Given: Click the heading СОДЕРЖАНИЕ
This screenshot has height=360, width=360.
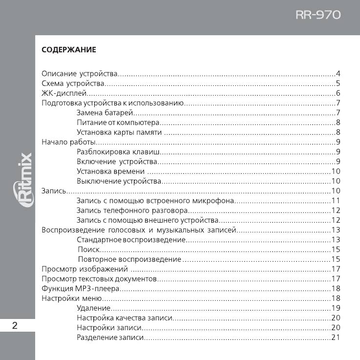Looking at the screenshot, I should [68, 49].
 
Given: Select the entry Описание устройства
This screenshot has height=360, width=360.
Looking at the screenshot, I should [80, 74].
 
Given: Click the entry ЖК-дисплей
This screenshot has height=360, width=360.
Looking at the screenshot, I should [64, 93].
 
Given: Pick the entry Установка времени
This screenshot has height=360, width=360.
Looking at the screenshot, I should [111, 171].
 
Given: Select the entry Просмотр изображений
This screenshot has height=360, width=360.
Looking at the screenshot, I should [85, 269].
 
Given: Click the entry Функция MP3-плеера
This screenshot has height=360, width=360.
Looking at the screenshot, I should [80, 288].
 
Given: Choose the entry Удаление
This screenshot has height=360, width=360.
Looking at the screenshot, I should [94, 308].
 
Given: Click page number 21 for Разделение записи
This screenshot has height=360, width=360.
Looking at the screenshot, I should [335, 338].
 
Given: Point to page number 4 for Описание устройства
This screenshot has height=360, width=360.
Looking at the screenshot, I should [338, 74].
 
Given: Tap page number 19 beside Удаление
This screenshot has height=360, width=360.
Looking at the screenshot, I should [335, 308].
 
